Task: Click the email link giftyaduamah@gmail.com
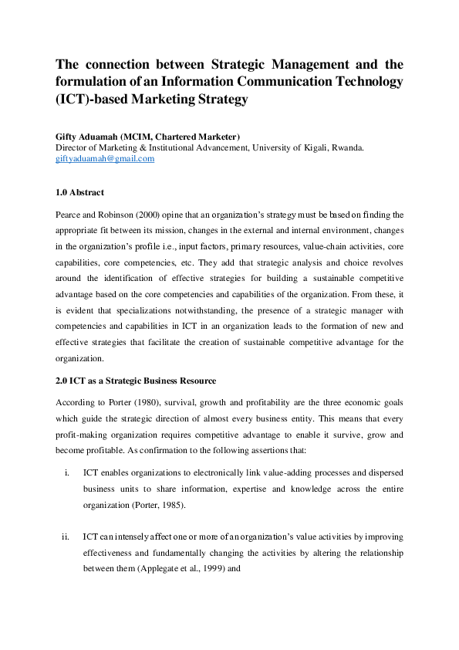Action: (x=105, y=158)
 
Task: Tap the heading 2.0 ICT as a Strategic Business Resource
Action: (x=136, y=381)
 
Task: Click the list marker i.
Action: (x=68, y=472)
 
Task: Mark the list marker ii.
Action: (x=66, y=536)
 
